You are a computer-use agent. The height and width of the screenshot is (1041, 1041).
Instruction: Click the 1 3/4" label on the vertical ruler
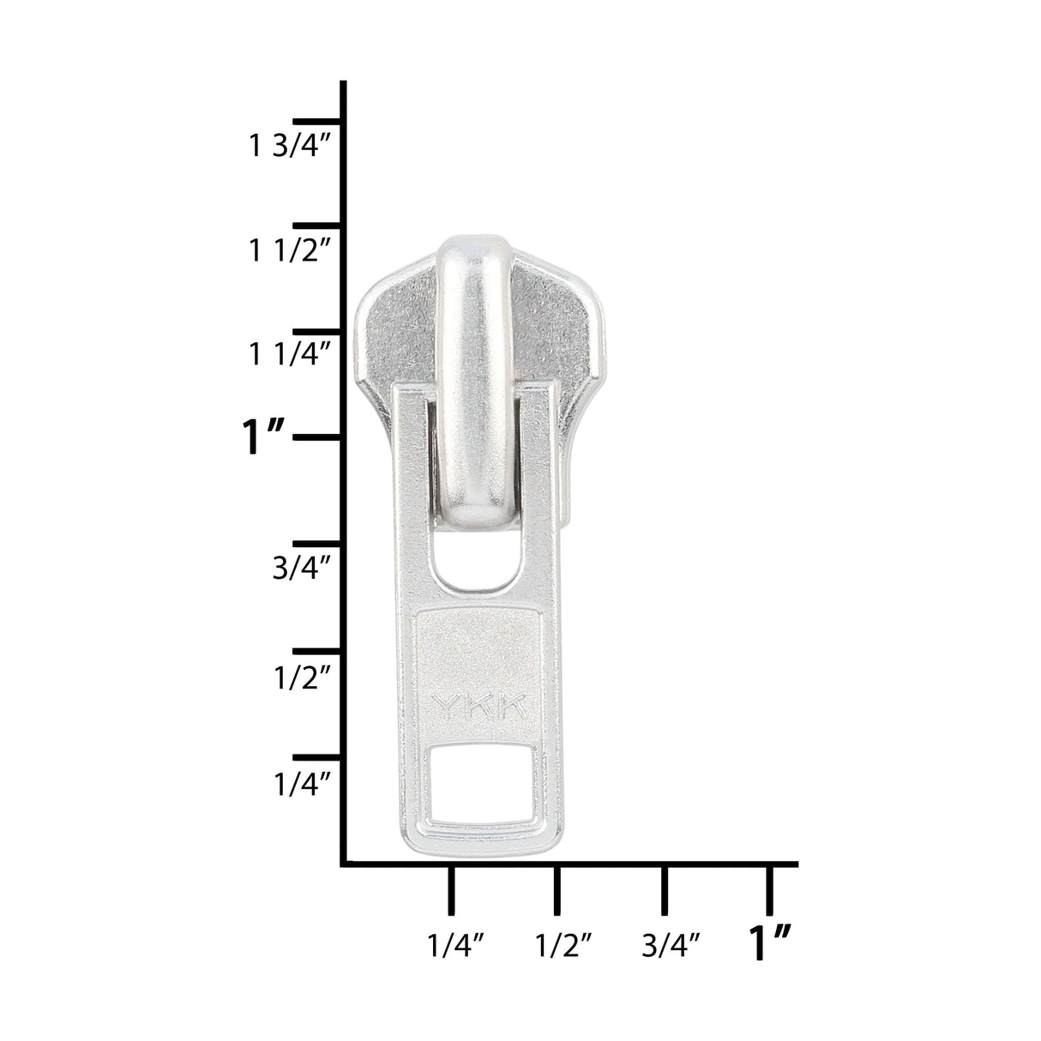(288, 146)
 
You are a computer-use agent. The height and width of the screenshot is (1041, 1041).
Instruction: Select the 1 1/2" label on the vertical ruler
(288, 251)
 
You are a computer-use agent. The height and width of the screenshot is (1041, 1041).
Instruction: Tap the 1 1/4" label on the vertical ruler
(288, 354)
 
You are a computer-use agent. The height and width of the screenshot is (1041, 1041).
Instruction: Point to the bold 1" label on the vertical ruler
(262, 437)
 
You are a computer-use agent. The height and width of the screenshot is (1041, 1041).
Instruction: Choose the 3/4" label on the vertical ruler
(301, 568)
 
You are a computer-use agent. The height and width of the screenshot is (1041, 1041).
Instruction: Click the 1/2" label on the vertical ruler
(302, 677)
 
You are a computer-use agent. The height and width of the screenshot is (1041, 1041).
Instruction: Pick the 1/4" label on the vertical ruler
(302, 784)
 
